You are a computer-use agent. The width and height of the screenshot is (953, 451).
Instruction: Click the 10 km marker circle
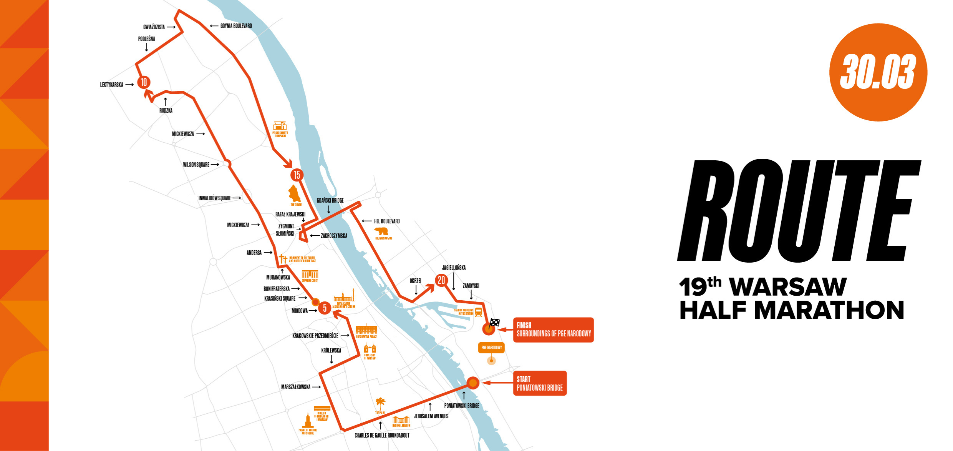point(144,82)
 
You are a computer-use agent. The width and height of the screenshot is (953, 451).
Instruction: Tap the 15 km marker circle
point(297,175)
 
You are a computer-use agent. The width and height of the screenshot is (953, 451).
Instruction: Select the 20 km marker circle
point(441,280)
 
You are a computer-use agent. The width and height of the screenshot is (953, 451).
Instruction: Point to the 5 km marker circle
point(325,308)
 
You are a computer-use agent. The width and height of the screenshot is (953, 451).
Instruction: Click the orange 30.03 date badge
point(878,72)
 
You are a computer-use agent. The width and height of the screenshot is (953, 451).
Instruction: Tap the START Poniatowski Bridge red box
point(540,383)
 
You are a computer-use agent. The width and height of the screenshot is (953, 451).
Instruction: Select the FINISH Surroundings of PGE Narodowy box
point(553,330)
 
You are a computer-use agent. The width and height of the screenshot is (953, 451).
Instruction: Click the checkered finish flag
point(494,323)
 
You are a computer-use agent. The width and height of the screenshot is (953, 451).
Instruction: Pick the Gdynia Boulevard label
point(236,26)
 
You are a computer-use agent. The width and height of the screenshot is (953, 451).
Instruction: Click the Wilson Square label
point(196,165)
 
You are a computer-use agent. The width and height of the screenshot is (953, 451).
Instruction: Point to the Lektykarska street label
point(111,85)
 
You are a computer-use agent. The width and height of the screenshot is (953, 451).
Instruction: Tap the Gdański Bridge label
point(330,200)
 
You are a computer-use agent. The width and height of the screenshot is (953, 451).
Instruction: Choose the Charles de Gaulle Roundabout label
point(382,435)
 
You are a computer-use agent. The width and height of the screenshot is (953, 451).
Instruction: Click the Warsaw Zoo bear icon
point(381,231)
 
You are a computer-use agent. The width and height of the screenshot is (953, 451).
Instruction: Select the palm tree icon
point(380,404)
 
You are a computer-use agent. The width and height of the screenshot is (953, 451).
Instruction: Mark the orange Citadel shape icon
point(294,194)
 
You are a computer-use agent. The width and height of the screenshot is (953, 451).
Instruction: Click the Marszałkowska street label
point(295,387)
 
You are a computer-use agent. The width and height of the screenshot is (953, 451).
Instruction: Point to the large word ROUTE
point(799,211)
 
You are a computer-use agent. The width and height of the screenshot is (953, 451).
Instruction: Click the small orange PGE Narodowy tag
point(491,347)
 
